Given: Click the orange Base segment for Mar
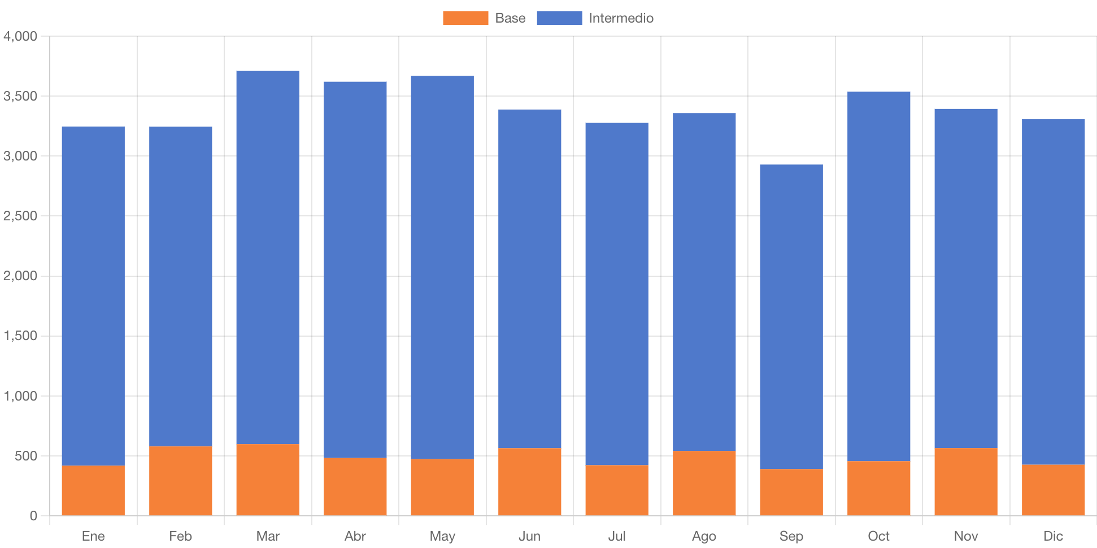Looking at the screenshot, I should click(x=268, y=480).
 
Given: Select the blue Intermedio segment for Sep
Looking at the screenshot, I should click(x=791, y=316).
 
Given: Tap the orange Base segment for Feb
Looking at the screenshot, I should click(x=181, y=481).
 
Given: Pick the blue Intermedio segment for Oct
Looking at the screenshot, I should click(x=879, y=276).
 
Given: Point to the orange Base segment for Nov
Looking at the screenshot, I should click(x=966, y=482).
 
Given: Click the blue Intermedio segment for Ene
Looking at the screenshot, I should click(x=93, y=296).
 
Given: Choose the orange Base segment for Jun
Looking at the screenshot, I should click(x=530, y=482).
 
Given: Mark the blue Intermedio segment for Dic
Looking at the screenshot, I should click(x=1054, y=292).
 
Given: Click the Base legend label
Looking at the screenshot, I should click(x=510, y=18).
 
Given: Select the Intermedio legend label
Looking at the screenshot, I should click(x=621, y=18).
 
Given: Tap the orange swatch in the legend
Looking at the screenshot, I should click(x=465, y=18).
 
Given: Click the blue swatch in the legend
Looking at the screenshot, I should click(x=559, y=18).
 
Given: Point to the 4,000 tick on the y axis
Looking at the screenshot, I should click(x=20, y=36).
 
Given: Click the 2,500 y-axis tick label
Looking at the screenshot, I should click(x=20, y=216).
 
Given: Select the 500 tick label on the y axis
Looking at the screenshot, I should click(x=26, y=456).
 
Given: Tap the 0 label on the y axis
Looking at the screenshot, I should click(x=33, y=516).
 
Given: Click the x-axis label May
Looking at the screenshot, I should click(x=442, y=536).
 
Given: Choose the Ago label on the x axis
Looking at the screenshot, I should click(x=704, y=536).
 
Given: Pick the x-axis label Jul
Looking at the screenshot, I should click(x=617, y=536).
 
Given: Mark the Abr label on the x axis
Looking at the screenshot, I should click(x=355, y=536).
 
